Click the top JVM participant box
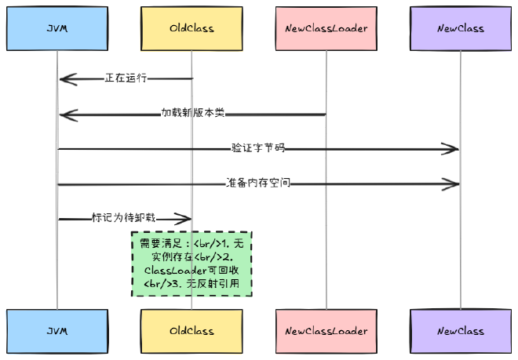[x=57, y=29]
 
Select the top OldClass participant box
[x=192, y=29]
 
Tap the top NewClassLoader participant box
[x=326, y=29]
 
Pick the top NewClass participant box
[x=461, y=29]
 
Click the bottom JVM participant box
[x=57, y=331]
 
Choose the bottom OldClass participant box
[x=192, y=331]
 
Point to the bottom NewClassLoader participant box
[x=326, y=331]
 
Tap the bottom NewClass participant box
[x=461, y=331]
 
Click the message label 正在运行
[x=126, y=78]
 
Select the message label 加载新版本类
[x=193, y=113]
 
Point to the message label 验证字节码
[x=258, y=147]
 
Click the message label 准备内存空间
[x=258, y=183]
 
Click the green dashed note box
[x=192, y=264]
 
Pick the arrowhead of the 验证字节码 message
[x=453, y=148]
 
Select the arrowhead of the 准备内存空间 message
[x=453, y=184]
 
